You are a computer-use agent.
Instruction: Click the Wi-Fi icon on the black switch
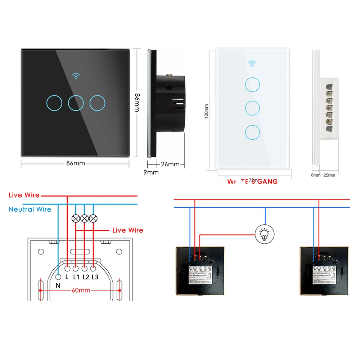76,76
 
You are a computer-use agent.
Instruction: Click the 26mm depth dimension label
170,164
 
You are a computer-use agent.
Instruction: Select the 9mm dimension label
151,172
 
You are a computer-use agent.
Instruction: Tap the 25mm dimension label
329,175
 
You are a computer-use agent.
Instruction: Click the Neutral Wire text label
30,209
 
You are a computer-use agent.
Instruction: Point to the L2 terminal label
86,277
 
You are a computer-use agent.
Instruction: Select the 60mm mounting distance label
80,290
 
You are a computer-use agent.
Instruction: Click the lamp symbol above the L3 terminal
93,218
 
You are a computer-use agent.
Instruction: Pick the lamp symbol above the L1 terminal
76,218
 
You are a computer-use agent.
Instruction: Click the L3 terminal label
95,277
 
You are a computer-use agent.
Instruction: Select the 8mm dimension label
315,175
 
